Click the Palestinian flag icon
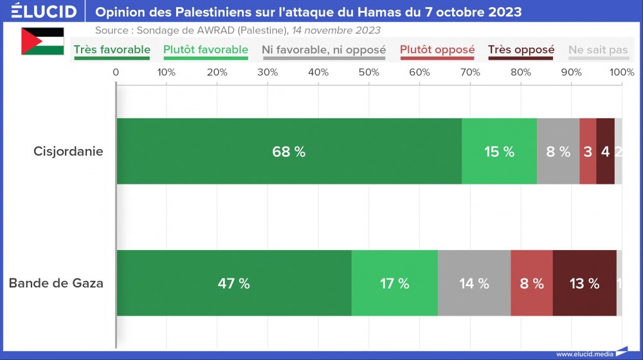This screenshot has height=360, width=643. [x=42, y=41]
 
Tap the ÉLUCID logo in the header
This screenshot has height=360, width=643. [x=44, y=12]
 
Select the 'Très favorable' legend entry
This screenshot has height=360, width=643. [x=112, y=50]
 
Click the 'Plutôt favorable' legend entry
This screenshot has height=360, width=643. [x=206, y=50]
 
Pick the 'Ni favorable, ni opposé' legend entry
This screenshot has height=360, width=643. [x=323, y=50]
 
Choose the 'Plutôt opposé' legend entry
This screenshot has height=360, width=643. [x=437, y=50]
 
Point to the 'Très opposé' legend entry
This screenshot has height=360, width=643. [x=521, y=50]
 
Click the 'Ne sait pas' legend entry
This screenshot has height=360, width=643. [x=598, y=50]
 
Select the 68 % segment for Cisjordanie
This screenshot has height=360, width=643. [x=289, y=152]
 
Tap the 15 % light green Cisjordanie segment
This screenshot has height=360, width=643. [x=499, y=152]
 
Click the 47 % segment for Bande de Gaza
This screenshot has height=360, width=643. [x=234, y=283]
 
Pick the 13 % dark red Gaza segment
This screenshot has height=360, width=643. [x=584, y=283]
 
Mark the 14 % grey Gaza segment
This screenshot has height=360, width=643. [x=474, y=283]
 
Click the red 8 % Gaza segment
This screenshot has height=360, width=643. [x=532, y=283]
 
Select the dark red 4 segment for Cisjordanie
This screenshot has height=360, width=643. [x=605, y=152]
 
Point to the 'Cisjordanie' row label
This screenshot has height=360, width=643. [x=68, y=152]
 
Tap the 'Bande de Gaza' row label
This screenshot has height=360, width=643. [x=56, y=283]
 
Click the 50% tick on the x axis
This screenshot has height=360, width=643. [x=369, y=72]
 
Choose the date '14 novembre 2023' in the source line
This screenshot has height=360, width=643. [x=336, y=30]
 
